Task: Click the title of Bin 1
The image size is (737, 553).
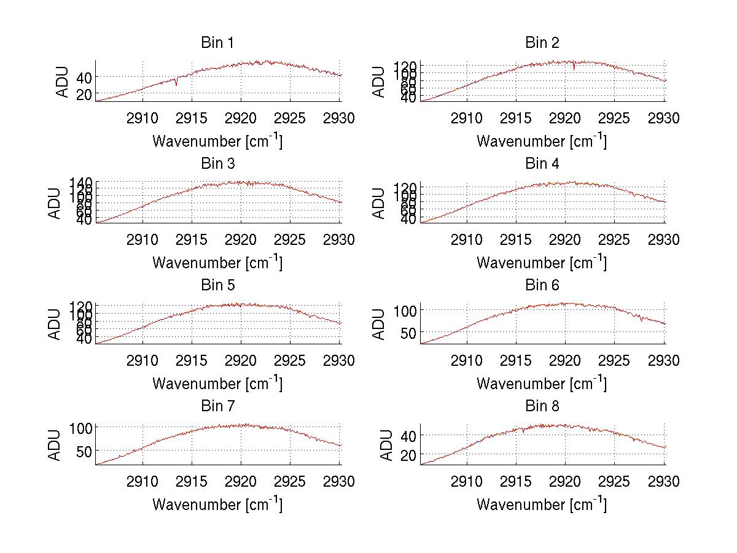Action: click(217, 43)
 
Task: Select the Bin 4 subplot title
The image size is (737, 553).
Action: click(542, 164)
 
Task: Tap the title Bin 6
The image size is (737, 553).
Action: click(542, 285)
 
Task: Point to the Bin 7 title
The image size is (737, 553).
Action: click(217, 406)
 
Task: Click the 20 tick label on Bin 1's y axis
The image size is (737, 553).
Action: click(84, 94)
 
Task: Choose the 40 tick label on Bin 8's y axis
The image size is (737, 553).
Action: click(408, 435)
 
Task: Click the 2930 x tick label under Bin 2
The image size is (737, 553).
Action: click(664, 118)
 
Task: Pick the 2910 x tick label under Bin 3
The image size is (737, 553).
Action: click(143, 239)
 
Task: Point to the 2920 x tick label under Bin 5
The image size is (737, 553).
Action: click(241, 361)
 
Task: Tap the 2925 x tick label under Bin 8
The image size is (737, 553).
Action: click(615, 482)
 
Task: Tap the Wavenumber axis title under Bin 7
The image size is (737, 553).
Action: click(217, 504)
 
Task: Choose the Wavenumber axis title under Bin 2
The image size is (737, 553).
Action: click(542, 141)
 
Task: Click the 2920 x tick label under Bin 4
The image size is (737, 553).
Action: click(566, 239)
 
